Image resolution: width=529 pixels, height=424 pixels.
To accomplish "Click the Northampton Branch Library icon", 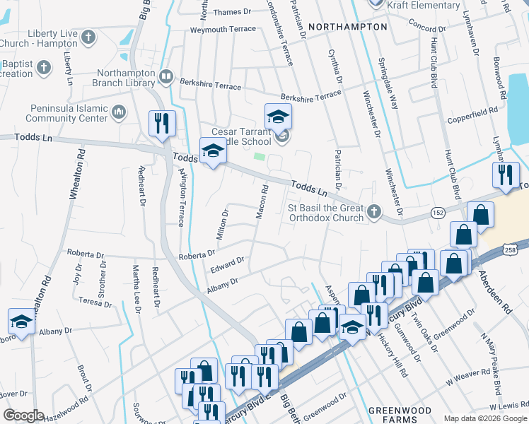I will pos(166,76).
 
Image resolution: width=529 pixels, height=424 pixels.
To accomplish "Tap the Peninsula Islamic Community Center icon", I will pos(118,111).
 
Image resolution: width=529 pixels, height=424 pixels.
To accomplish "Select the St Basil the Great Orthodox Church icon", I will pos(375,211).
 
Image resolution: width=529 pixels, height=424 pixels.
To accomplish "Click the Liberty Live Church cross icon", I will pos(88,37).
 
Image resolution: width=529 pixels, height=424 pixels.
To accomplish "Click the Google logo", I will pos(23,416).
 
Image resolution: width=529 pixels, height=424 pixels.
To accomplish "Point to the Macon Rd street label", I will pos(262,201).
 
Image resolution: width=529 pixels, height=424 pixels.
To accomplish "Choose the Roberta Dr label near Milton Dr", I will pos(197,254).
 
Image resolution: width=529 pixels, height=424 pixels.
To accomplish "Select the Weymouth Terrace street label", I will pos(221,30).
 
